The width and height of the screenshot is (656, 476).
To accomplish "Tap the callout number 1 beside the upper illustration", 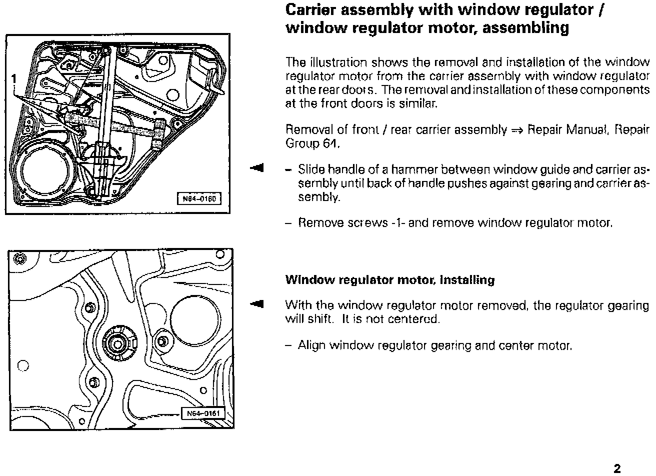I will tap(14, 78).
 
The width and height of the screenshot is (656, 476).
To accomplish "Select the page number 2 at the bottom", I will tap(617, 468).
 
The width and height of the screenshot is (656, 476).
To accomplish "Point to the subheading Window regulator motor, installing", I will tap(389, 280).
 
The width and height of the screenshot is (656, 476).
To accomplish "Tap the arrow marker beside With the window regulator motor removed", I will tap(257, 303).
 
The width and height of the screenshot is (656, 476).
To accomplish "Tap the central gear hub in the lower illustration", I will tap(117, 342).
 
